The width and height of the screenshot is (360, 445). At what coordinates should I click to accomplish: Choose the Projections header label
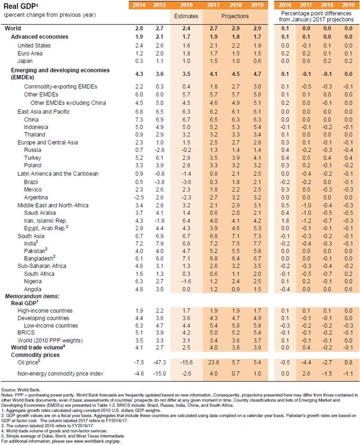click(x=232, y=16)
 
